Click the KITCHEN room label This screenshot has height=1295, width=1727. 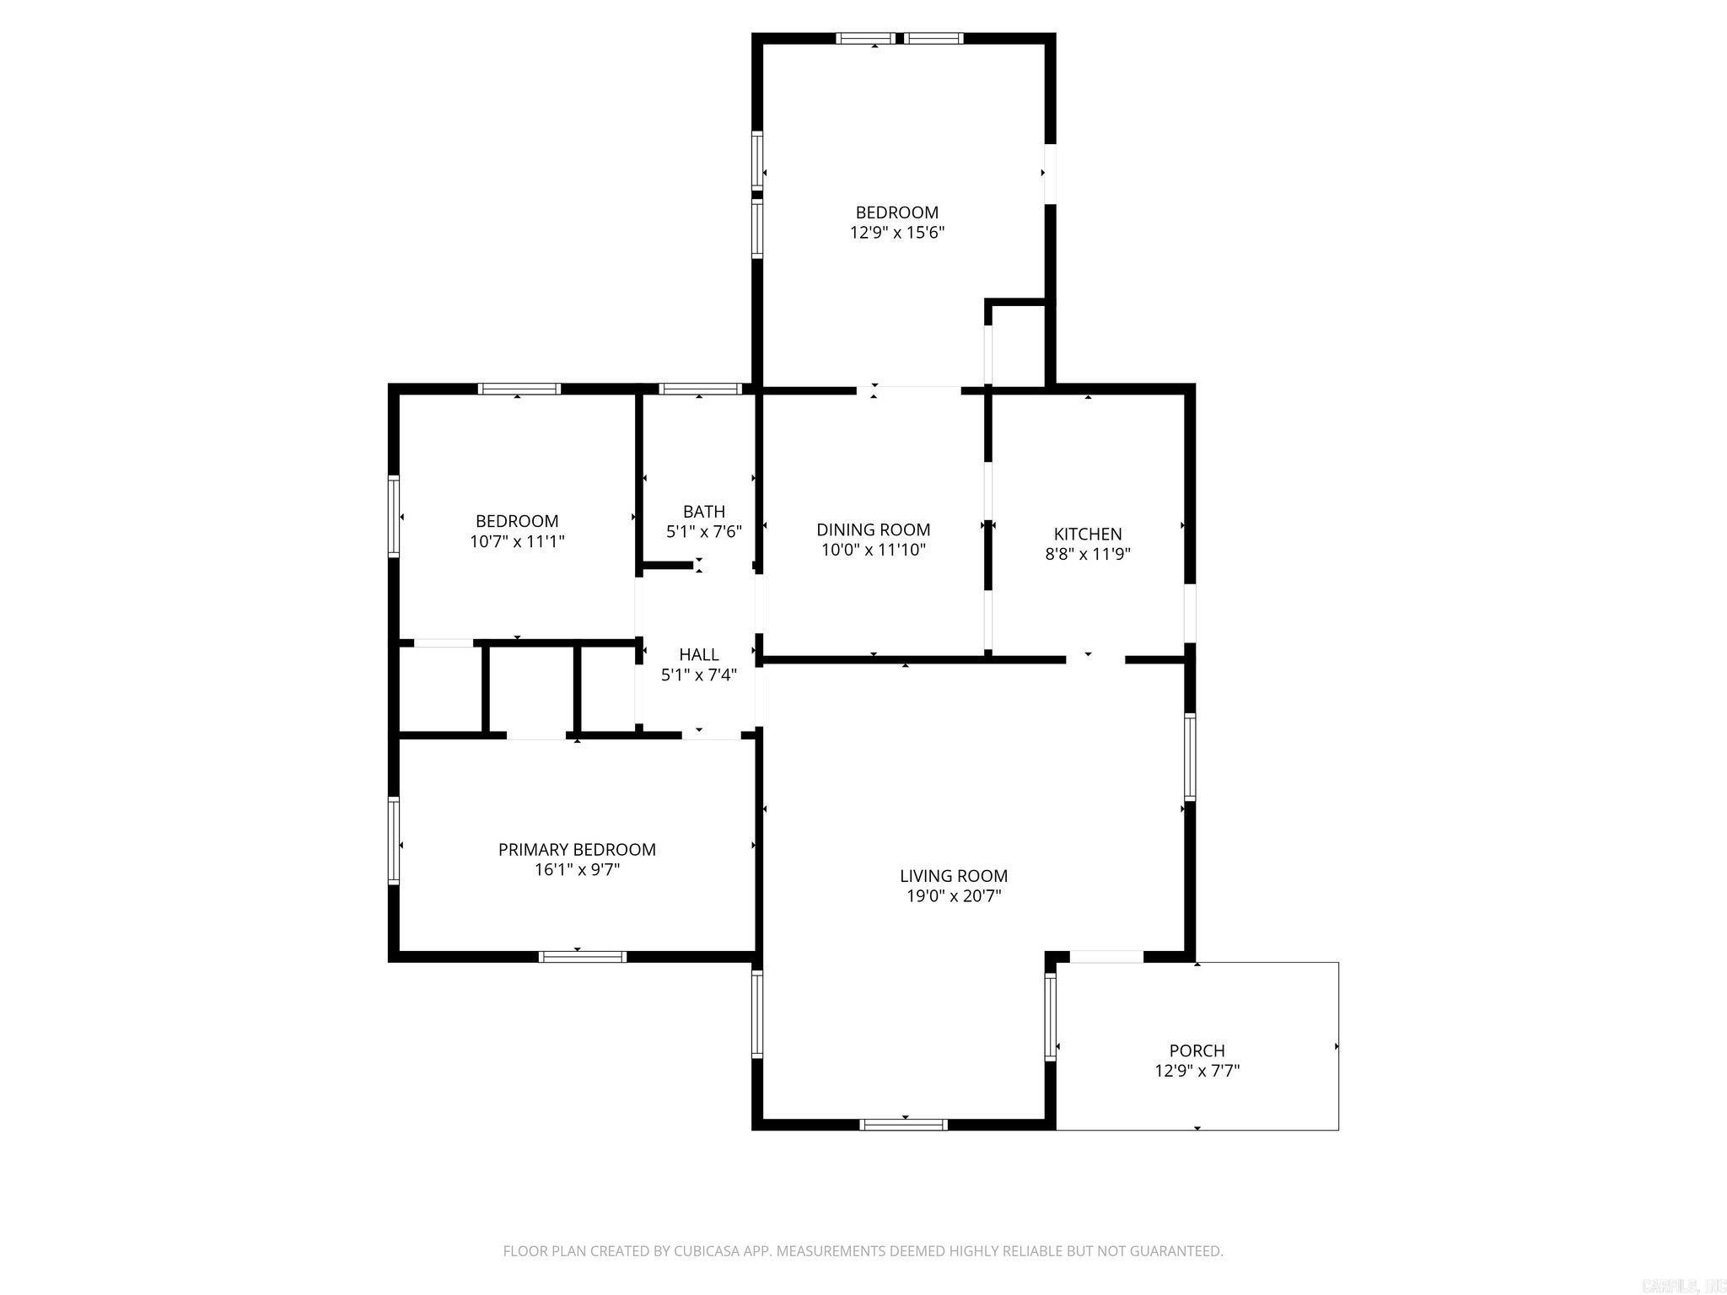click(1087, 534)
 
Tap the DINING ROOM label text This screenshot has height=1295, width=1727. click(873, 529)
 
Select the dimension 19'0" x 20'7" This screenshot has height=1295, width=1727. click(953, 895)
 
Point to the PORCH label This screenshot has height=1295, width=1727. click(1197, 1051)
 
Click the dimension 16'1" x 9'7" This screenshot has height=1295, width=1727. click(577, 869)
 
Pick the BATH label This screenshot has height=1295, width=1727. click(703, 511)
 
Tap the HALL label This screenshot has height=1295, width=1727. click(698, 654)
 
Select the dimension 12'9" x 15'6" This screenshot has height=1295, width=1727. click(896, 233)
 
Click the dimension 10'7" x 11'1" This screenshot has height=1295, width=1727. click(516, 541)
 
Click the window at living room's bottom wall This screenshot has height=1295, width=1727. click(903, 1124)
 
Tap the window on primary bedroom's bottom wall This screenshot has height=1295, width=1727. click(582, 956)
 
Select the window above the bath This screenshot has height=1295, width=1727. click(700, 389)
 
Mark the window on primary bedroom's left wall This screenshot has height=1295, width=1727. click(393, 841)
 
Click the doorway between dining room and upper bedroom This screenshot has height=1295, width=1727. click(909, 390)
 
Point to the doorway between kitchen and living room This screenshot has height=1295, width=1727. click(1095, 659)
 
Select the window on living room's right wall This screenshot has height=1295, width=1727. click(1189, 756)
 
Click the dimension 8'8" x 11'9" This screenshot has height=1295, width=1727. click(1087, 554)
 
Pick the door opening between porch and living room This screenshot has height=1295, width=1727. click(1106, 956)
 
